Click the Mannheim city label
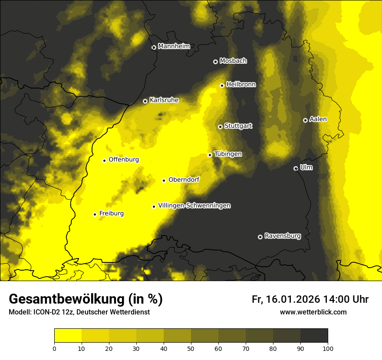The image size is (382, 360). tap(174, 46)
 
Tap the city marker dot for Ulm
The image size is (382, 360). tap(296, 168)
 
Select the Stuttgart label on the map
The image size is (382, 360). tap(238, 126)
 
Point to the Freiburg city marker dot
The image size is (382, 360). tap(95, 214)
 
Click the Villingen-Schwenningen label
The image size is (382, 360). tap(194, 206)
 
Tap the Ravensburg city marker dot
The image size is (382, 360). tap(260, 237)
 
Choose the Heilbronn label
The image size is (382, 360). tap(241, 85)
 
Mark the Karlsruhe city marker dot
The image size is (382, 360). tap(145, 101)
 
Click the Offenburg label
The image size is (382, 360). tap(124, 160)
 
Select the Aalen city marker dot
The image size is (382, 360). tap(305, 120)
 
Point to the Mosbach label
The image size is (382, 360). tap(233, 61)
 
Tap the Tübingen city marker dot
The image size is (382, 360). tap(210, 155)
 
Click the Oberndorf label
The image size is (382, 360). tap(184, 180)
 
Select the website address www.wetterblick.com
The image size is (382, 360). tap(313, 312)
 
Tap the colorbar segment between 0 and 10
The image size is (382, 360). tap(68, 335)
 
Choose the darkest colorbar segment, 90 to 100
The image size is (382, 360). tap(314, 335)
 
